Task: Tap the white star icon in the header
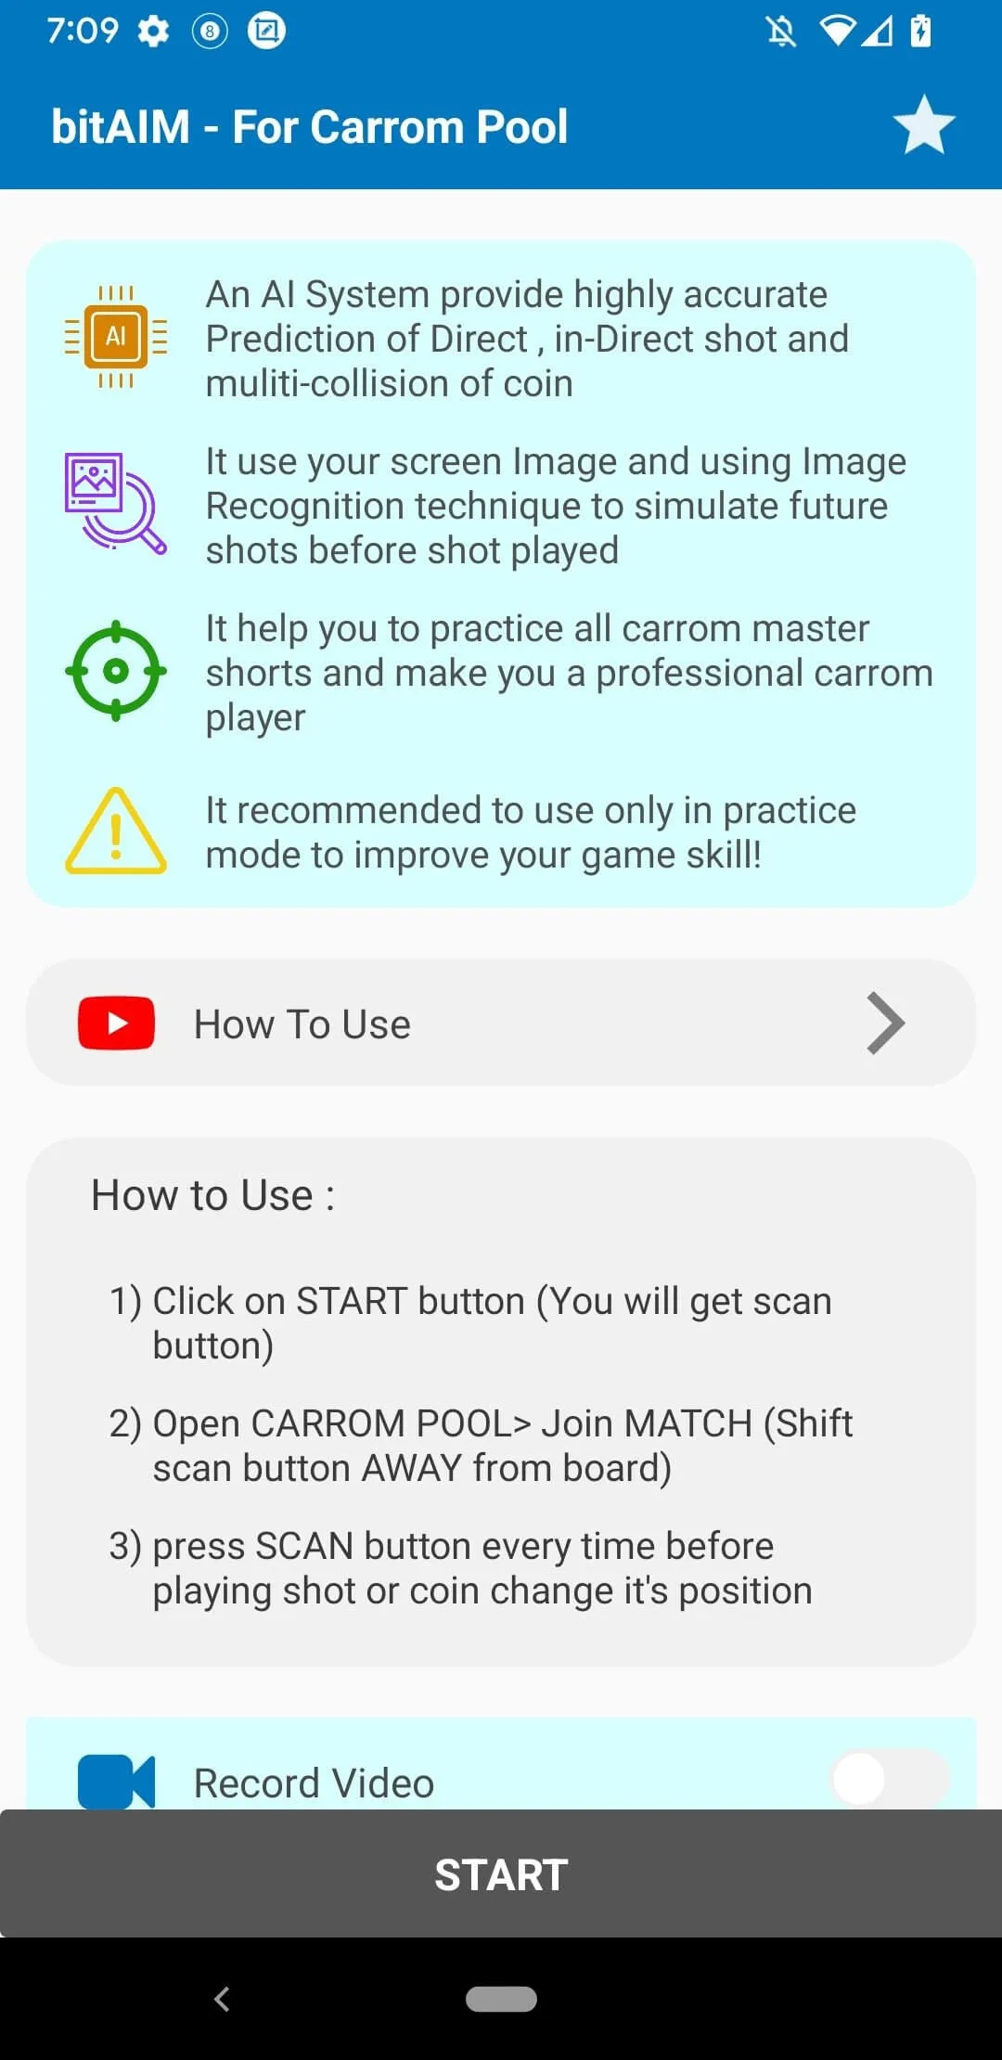click(x=924, y=125)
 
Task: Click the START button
click(x=501, y=1873)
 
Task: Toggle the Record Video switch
click(x=890, y=1778)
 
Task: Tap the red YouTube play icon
click(x=116, y=1023)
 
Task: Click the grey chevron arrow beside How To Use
click(x=885, y=1024)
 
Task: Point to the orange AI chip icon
click(x=116, y=336)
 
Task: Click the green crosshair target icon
click(x=116, y=671)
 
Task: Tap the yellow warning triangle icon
click(x=116, y=831)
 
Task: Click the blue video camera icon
click(x=116, y=1782)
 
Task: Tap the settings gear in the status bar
click(x=153, y=32)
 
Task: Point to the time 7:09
click(x=83, y=31)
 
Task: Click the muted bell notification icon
click(x=781, y=32)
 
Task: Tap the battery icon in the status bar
click(x=920, y=31)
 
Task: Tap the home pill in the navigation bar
click(x=501, y=1999)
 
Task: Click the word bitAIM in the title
click(x=121, y=126)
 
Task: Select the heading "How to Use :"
click(x=212, y=1195)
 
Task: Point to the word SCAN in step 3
click(x=304, y=1546)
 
